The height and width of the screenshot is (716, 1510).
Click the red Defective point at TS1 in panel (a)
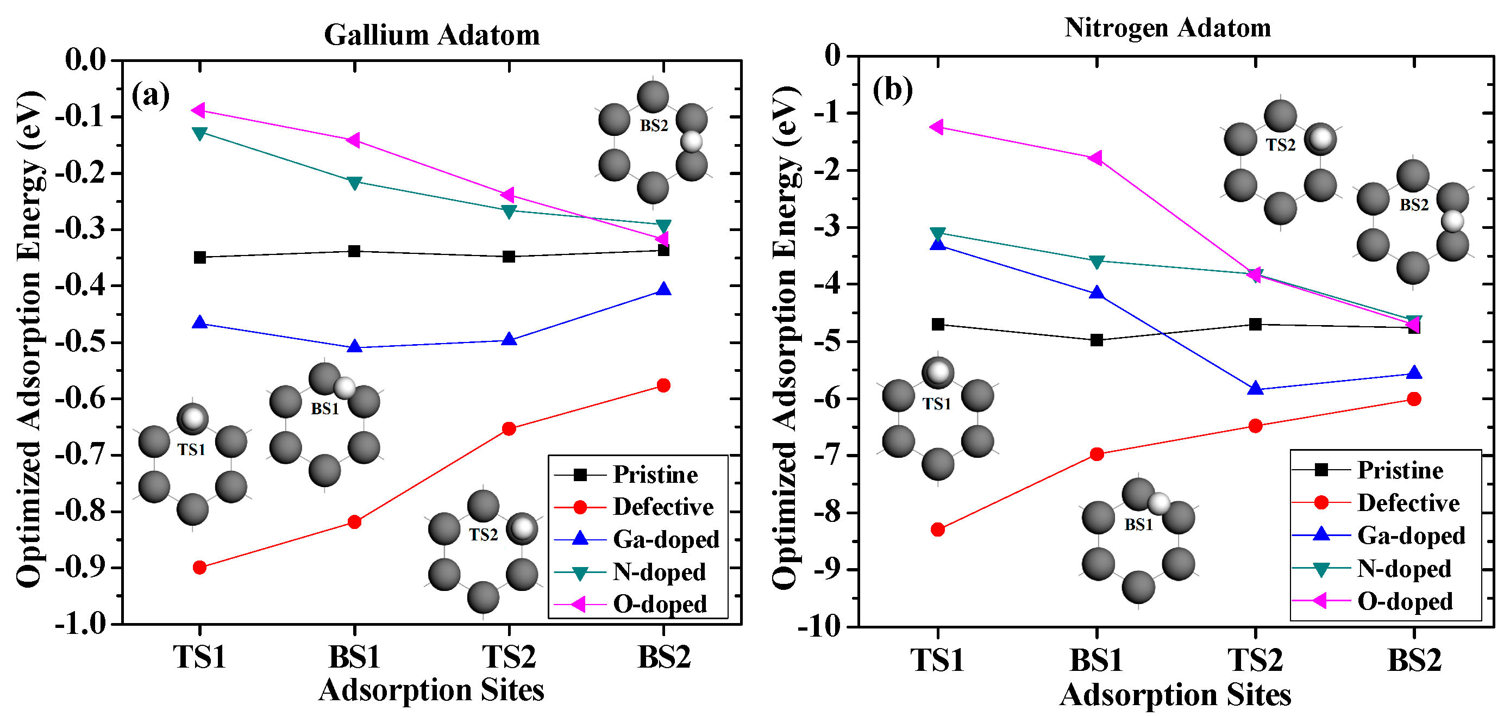point(199,567)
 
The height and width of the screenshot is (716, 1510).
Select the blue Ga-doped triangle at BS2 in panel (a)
point(663,289)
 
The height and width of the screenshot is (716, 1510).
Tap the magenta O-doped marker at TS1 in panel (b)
point(937,127)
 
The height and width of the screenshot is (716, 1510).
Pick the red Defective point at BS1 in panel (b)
point(1097,454)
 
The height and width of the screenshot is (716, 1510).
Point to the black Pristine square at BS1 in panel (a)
point(354,252)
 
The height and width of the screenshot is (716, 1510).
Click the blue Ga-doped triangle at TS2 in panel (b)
point(1255,388)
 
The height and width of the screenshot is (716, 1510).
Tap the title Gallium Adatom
point(432,35)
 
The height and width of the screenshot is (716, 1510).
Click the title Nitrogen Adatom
point(1167,28)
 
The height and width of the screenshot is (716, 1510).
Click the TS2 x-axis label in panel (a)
point(509,657)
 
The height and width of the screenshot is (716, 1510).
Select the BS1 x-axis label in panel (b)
point(1096,661)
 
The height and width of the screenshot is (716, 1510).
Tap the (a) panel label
point(151,95)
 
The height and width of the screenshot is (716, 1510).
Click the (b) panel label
point(892,90)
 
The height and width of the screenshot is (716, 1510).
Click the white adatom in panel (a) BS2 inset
point(692,141)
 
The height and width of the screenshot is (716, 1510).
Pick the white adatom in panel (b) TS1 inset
point(939,371)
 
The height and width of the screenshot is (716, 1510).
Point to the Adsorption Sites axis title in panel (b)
point(1175,695)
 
